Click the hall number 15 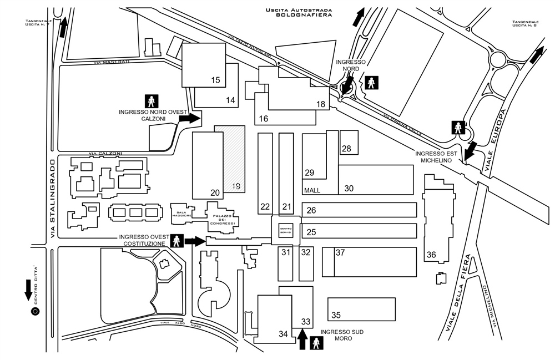(215, 80)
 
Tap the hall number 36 (431, 255)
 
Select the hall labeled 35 (336, 315)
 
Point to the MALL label (312, 190)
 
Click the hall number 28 (347, 149)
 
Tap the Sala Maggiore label (184, 213)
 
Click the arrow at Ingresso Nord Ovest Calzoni (192, 118)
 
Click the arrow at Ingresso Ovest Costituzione (194, 241)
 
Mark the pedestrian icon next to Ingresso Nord (370, 83)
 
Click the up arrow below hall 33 (302, 338)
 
